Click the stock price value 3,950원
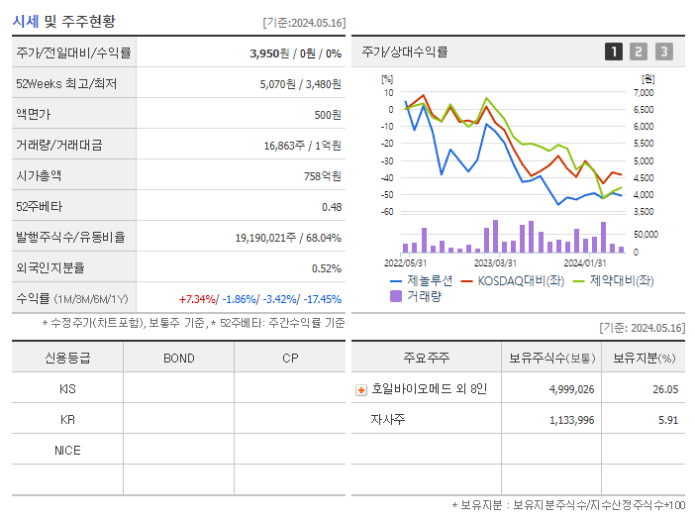[270, 53]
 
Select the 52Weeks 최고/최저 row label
[66, 84]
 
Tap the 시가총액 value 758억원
[323, 176]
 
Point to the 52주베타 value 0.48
[331, 207]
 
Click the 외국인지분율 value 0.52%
[326, 268]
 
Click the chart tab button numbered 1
[614, 52]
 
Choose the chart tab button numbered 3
[663, 52]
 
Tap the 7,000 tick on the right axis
[643, 93]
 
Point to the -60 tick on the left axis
[388, 212]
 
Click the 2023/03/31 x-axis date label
[495, 263]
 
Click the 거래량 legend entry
[416, 295]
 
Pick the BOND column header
[178, 358]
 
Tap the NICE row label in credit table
[67, 450]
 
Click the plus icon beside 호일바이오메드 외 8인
[361, 389]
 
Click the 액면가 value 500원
[327, 115]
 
